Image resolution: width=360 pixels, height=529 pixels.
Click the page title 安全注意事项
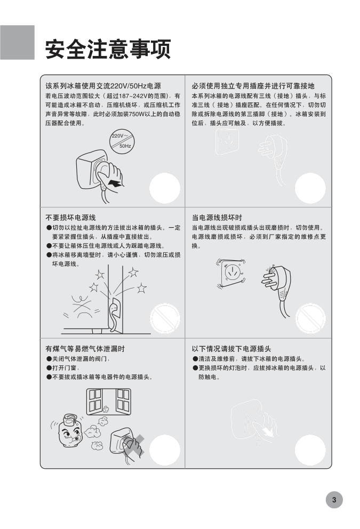pos(108,49)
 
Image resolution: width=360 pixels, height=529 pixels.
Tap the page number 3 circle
pos(334,500)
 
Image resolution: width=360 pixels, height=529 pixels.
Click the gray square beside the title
pos(17,42)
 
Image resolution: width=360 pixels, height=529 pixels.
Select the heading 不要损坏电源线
pos(70,218)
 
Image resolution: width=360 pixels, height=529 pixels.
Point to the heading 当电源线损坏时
pos(217,218)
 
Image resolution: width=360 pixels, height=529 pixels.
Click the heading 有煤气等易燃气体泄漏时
pos(85,349)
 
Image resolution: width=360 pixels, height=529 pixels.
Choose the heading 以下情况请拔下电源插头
pos(231,349)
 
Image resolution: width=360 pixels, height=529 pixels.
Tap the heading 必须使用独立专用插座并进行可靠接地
pos(253,86)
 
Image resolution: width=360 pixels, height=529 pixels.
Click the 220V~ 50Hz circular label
pos(122,141)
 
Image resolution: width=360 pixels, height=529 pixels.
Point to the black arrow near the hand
pos(115,183)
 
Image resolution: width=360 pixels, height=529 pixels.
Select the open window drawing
pos(108,401)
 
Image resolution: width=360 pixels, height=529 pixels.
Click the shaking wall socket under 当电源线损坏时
pos(231,274)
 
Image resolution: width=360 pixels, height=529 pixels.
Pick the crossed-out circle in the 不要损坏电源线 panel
pos(165,318)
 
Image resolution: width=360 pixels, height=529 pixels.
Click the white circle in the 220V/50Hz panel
pos(165,188)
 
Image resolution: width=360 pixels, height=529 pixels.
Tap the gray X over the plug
pos(134,445)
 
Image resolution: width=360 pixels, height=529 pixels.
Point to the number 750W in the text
pos(136,114)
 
